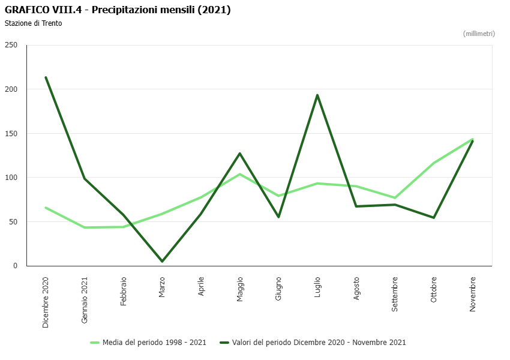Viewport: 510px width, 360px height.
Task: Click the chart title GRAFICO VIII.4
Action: (118, 10)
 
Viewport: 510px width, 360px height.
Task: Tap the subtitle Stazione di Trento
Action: (34, 23)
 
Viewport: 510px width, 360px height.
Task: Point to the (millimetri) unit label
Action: (479, 34)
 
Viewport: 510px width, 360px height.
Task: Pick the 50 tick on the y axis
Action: (13, 221)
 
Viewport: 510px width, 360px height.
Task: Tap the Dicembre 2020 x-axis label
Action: (46, 302)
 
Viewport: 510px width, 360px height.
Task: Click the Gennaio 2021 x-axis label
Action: (85, 300)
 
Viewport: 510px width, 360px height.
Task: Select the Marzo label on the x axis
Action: (162, 286)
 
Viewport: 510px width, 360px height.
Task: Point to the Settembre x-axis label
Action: (395, 293)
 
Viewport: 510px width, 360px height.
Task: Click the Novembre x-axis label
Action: (473, 293)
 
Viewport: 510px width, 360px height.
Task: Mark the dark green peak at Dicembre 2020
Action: (46, 77)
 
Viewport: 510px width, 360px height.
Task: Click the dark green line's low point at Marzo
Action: (162, 262)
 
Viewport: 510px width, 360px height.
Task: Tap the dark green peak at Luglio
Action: (317, 95)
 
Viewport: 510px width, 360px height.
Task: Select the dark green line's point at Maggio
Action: (240, 154)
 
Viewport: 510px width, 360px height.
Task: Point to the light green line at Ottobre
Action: (434, 163)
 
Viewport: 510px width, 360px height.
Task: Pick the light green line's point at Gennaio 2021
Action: (85, 227)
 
